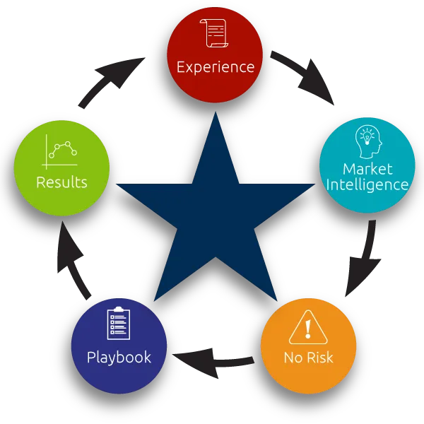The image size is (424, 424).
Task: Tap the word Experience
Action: pos(216,67)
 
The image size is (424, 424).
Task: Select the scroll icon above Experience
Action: pos(214,33)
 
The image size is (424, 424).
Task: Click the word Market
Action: pos(367,169)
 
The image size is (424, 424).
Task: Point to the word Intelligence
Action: pos(367,185)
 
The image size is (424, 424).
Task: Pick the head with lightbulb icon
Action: pos(369,141)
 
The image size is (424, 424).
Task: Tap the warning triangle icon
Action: pos(308,327)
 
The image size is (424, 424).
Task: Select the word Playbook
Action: pos(119,358)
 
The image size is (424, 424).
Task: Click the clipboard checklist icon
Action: pos(119,323)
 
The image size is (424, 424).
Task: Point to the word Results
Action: pos(61,182)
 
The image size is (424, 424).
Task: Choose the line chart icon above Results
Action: pos(60,152)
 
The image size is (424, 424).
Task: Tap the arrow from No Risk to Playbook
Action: pos(213,362)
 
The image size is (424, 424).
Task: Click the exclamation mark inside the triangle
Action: pos(308,329)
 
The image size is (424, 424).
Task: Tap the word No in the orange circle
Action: pos(293,358)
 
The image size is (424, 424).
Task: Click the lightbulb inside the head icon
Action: pos(367,138)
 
